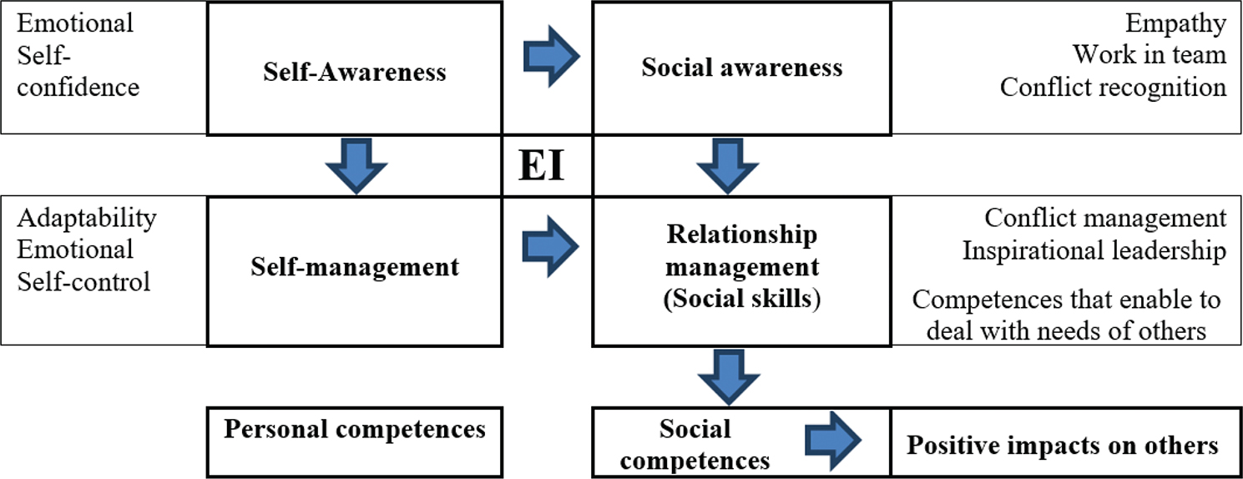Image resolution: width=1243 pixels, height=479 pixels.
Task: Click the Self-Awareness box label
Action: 354,72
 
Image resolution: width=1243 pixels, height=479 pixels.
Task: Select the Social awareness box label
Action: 741,68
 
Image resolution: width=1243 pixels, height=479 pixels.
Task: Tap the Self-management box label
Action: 354,267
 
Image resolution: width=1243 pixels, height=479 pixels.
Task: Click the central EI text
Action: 542,167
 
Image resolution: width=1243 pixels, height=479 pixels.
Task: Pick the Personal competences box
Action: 354,429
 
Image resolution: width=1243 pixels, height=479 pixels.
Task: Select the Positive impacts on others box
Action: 1063,445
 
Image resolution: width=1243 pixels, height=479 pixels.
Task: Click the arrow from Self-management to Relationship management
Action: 551,245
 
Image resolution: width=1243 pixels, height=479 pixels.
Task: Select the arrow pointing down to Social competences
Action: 729,376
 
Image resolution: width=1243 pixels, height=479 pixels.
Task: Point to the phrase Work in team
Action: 1149,55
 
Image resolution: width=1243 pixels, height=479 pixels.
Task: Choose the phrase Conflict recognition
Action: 1113,87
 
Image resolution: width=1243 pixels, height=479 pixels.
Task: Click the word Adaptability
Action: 87,219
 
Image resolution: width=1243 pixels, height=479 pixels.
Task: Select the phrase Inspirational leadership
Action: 1094,250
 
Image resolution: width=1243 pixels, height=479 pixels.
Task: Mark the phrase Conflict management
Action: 1105,219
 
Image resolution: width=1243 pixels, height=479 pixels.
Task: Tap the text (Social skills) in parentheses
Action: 741,299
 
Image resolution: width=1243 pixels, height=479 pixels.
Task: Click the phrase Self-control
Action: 84,281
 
